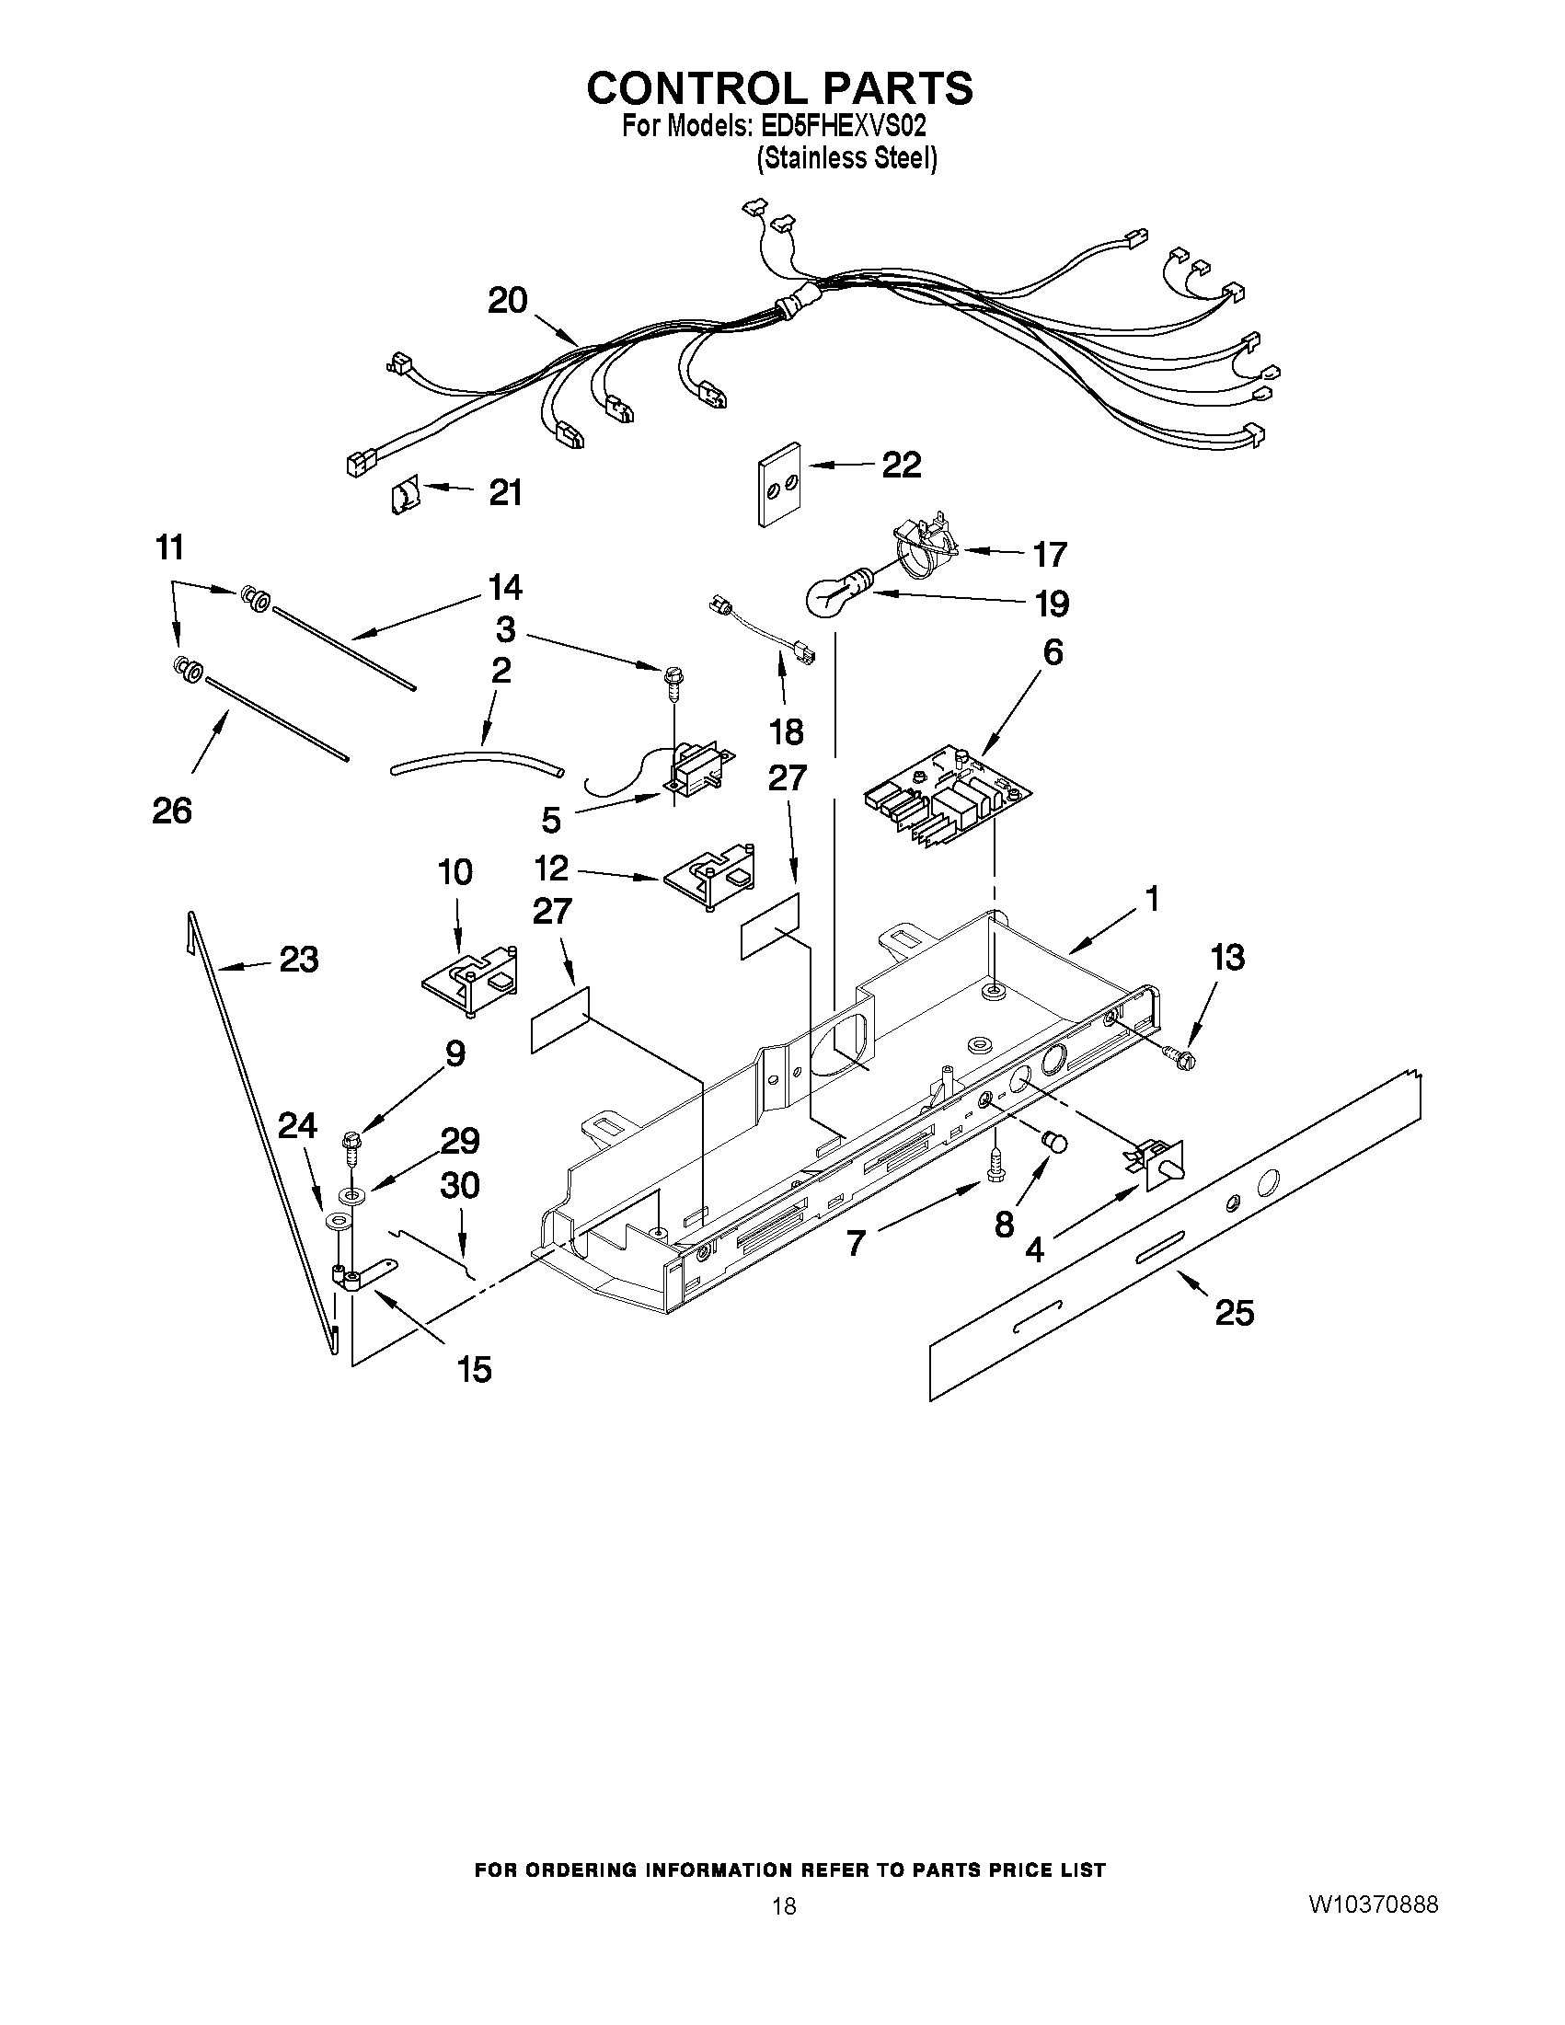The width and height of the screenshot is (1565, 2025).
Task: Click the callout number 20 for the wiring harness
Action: pyautogui.click(x=508, y=301)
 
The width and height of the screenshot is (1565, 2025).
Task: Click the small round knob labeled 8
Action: pyautogui.click(x=1055, y=1143)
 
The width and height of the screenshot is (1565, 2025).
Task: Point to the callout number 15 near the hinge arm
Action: pyautogui.click(x=474, y=1369)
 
